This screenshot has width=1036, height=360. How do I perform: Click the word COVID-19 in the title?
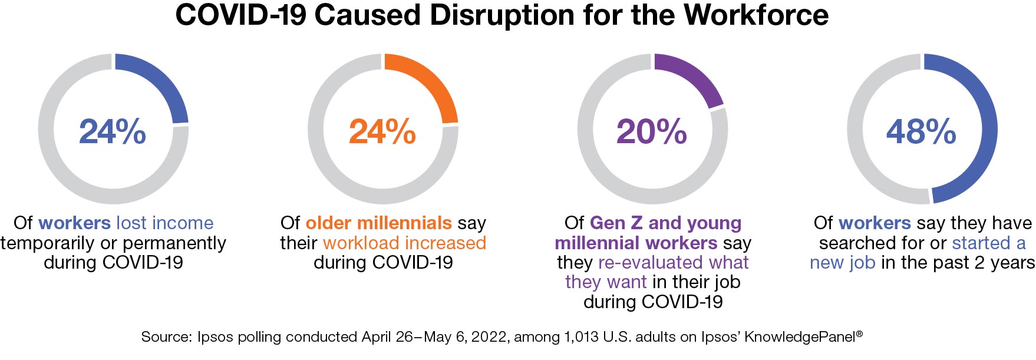click(240, 15)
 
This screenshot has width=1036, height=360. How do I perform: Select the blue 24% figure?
click(113, 131)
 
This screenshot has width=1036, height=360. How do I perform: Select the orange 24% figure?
click(382, 131)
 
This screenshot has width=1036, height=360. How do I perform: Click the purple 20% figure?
click(652, 131)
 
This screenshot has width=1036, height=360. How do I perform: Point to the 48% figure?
click(921, 131)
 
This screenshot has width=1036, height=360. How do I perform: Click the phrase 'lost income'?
click(165, 223)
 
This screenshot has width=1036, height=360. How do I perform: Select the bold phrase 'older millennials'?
click(378, 223)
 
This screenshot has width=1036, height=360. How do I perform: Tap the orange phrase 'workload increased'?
click(404, 243)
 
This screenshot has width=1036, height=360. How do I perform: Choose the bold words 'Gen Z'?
click(616, 223)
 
